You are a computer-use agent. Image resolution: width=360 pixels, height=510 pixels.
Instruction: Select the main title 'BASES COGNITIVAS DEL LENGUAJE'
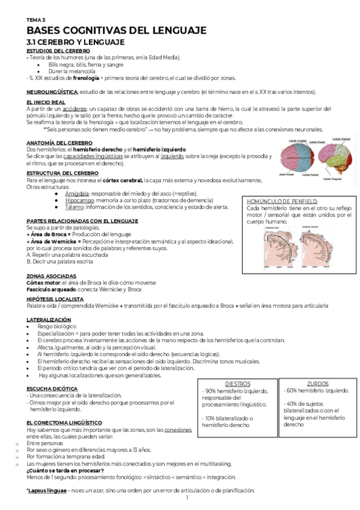point(117,30)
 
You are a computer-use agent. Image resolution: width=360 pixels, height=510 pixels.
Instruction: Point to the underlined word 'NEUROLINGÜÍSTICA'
point(52,91)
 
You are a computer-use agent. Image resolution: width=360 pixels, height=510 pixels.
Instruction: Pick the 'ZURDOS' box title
point(317,383)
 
